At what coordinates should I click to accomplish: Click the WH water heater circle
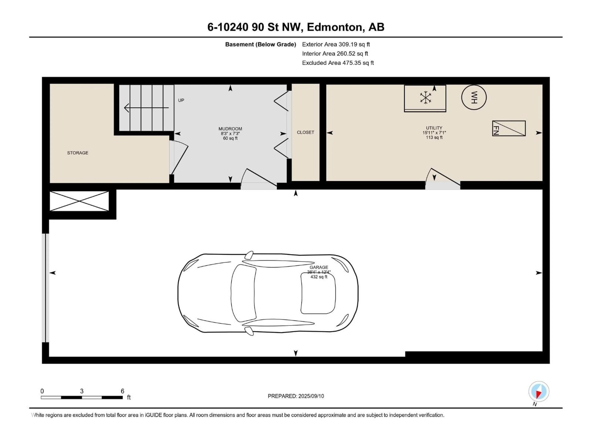(x=474, y=97)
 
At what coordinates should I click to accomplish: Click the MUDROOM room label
(x=230, y=129)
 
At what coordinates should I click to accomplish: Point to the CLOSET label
(x=305, y=132)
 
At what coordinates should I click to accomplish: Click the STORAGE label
(x=78, y=153)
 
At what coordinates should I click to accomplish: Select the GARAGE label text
(x=319, y=267)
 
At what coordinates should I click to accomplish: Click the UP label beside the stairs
(x=181, y=100)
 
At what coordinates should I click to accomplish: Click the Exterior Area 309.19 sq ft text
(x=336, y=44)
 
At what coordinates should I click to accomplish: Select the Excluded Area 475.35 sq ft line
(x=338, y=63)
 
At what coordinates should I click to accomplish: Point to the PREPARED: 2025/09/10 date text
(x=296, y=396)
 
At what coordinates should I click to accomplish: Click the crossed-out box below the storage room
(x=79, y=201)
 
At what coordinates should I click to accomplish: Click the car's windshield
(x=243, y=293)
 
